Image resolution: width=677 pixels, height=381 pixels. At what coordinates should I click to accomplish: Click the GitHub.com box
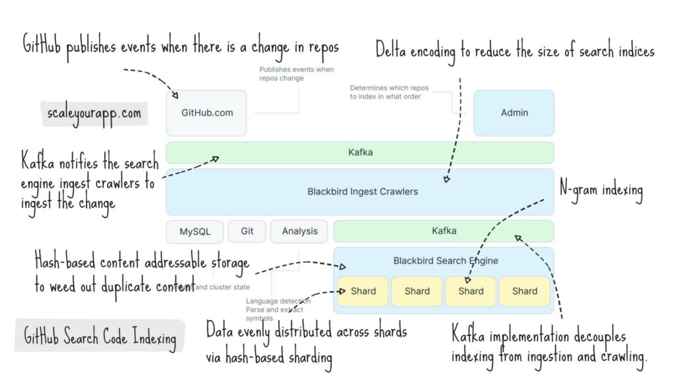[x=206, y=113]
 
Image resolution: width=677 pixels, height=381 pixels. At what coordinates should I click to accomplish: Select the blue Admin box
[x=514, y=113]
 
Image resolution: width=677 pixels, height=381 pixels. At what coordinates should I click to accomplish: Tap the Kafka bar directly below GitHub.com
[x=360, y=153]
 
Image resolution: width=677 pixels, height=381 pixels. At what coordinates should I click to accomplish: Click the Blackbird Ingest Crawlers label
[x=362, y=192]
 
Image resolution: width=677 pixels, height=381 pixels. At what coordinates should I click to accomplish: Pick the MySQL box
[x=194, y=232]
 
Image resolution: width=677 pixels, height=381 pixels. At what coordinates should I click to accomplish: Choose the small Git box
[x=247, y=232]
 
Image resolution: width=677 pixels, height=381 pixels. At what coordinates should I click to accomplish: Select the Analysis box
[x=299, y=232]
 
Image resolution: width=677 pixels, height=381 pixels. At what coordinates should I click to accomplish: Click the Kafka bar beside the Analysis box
[x=444, y=232]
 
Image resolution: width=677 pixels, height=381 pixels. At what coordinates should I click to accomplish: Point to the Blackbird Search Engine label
[x=445, y=261]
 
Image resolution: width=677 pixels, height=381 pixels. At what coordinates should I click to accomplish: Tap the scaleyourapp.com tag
[x=95, y=113]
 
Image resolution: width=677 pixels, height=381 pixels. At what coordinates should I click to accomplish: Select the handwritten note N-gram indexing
[x=601, y=190]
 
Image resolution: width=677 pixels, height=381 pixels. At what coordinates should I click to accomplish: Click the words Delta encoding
[x=415, y=50]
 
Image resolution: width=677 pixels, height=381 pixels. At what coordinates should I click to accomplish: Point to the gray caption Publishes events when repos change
[x=296, y=73]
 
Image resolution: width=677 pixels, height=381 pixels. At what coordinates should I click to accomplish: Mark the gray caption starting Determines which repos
[x=385, y=92]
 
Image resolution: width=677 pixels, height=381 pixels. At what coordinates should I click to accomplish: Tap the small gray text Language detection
[x=278, y=302]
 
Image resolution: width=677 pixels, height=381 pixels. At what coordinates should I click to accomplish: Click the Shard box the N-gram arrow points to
[x=471, y=291]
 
